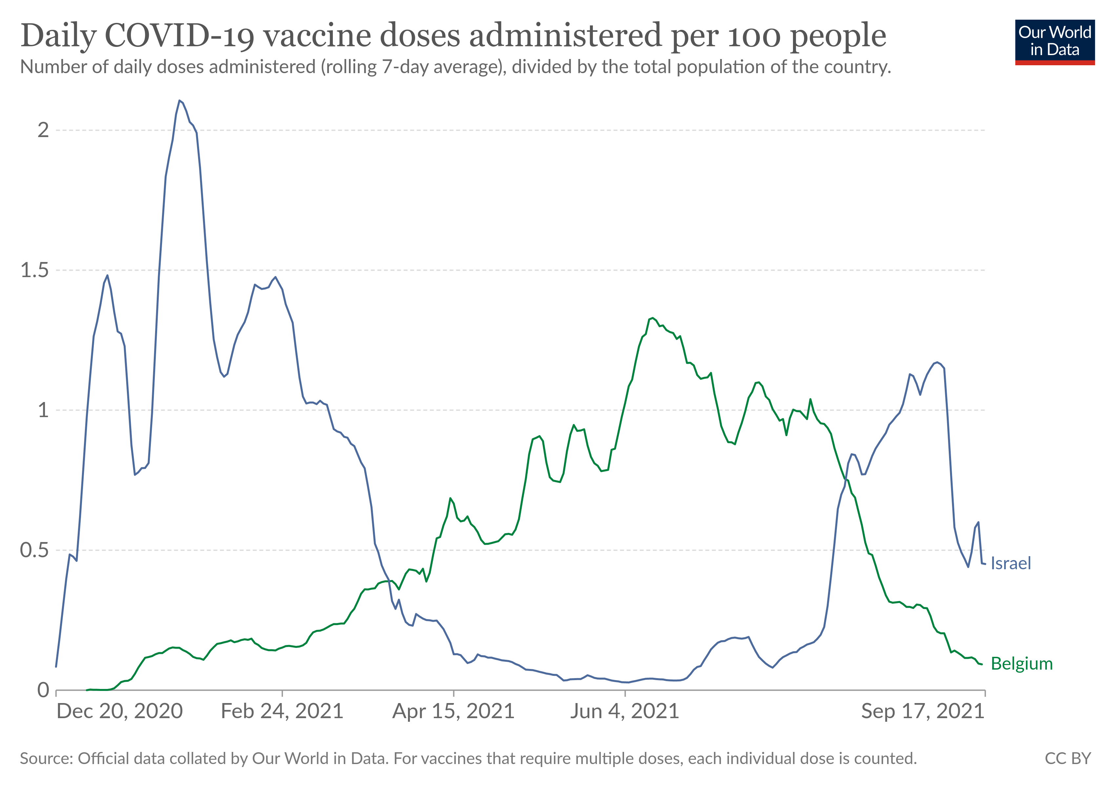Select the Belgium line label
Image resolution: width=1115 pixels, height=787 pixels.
(1021, 664)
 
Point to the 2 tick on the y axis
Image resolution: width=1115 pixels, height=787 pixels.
(44, 130)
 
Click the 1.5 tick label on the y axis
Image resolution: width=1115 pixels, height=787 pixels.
(35, 271)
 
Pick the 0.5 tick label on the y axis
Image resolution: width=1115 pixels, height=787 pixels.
(35, 550)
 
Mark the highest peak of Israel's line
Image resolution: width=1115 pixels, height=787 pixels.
(180, 100)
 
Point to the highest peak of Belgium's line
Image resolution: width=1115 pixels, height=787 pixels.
(653, 318)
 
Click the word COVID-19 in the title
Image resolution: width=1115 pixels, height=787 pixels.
(179, 36)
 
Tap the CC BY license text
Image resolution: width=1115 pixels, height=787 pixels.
(1067, 759)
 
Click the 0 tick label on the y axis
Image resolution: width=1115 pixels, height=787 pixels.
(44, 690)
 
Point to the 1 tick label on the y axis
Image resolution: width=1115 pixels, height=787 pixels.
(44, 410)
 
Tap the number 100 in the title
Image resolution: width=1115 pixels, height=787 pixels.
(755, 36)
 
